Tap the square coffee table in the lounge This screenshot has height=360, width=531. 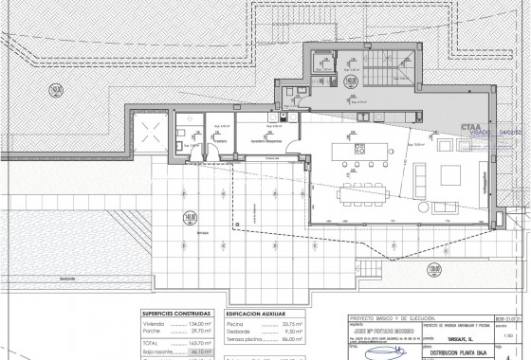(x=448, y=174)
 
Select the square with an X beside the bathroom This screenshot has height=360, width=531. (x=150, y=130)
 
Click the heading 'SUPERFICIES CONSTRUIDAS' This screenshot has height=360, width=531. (x=177, y=312)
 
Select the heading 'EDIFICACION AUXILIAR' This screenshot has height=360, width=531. (x=259, y=312)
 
